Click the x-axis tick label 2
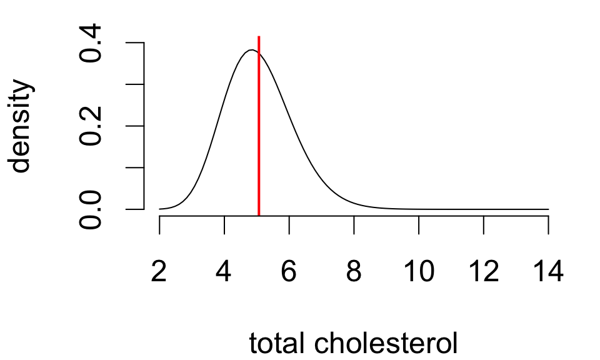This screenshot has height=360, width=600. (x=159, y=272)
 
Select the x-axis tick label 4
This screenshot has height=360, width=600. (x=224, y=272)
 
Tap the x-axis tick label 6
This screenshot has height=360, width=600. (x=289, y=272)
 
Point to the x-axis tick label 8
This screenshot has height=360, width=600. (x=354, y=272)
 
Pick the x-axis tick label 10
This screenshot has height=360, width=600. (x=419, y=272)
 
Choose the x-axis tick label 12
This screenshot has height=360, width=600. (x=483, y=272)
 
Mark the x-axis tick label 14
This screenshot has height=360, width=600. (x=548, y=272)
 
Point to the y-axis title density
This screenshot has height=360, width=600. (x=21, y=126)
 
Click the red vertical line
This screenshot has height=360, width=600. (x=259, y=125)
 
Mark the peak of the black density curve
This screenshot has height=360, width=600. (x=252, y=50)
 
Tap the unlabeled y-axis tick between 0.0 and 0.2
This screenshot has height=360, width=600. (x=136, y=168)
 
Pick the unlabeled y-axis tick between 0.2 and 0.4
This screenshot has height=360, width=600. (x=136, y=84)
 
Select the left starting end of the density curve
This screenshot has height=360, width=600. (x=160, y=209)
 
